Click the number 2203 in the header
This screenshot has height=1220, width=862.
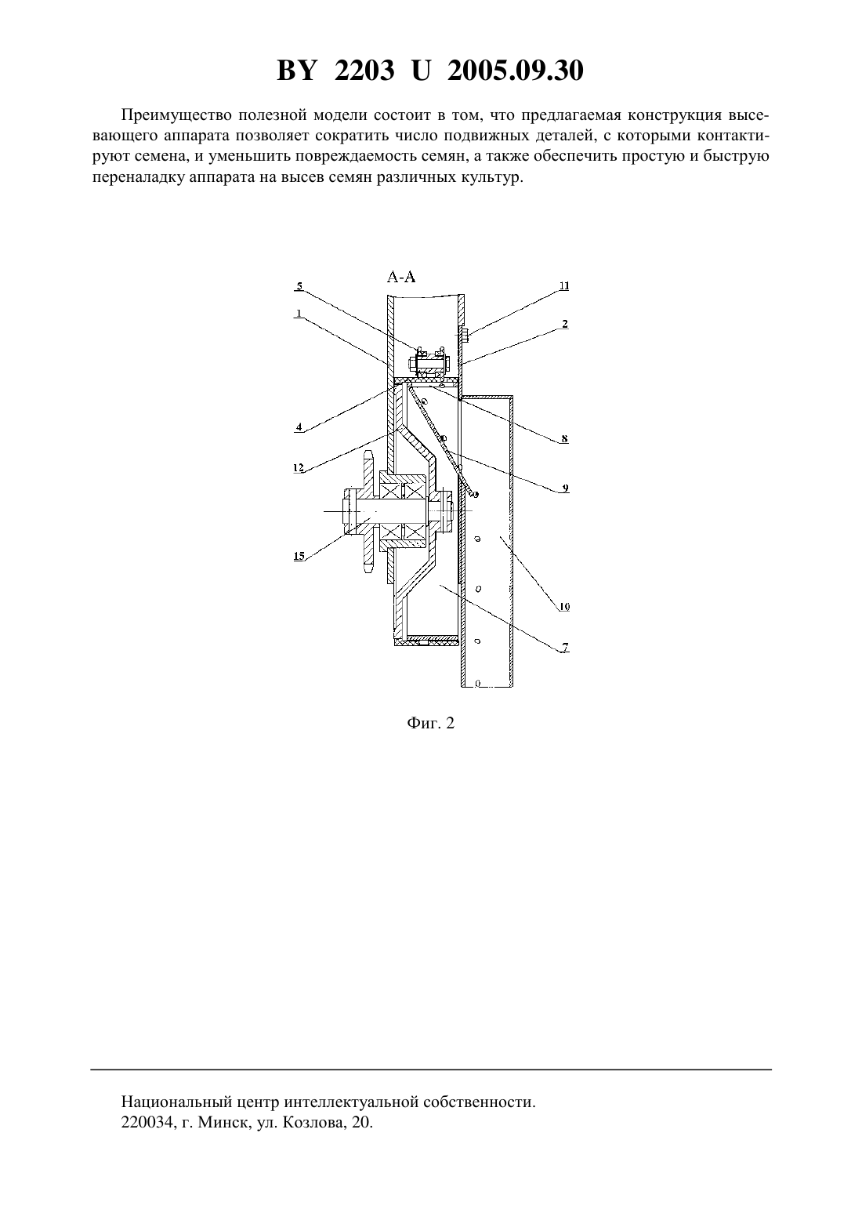pyautogui.click(x=364, y=71)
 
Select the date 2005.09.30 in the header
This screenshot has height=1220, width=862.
pyautogui.click(x=516, y=71)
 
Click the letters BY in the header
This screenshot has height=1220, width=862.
pyautogui.click(x=296, y=71)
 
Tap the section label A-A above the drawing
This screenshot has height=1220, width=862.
pyautogui.click(x=401, y=278)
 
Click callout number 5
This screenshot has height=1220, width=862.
pyautogui.click(x=299, y=286)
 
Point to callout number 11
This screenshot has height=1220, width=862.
pyautogui.click(x=564, y=286)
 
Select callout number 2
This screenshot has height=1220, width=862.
pyautogui.click(x=565, y=324)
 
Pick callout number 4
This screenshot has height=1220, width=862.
pyautogui.click(x=299, y=427)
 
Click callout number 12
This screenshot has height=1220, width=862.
pyautogui.click(x=299, y=468)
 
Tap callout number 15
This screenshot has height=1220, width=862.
pyautogui.click(x=299, y=556)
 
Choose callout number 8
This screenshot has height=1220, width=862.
pyautogui.click(x=565, y=438)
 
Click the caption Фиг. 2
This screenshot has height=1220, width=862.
pyautogui.click(x=430, y=723)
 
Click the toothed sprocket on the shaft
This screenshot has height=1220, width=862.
pyautogui.click(x=368, y=511)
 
